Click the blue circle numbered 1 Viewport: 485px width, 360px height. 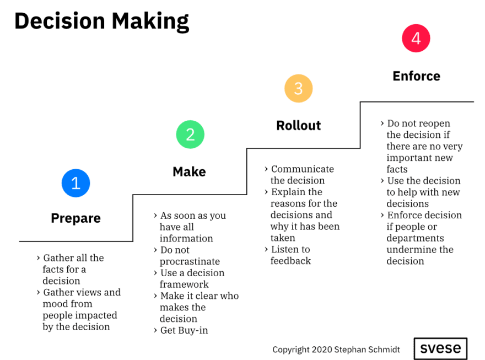click(x=76, y=183)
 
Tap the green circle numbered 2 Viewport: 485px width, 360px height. click(x=190, y=134)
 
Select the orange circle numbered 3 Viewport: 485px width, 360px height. click(x=299, y=88)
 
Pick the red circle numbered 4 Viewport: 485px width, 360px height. click(x=416, y=39)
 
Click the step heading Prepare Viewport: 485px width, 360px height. click(x=76, y=218)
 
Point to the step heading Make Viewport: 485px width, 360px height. click(x=189, y=171)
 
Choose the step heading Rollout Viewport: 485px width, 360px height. click(x=299, y=126)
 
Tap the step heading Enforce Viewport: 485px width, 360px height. click(x=416, y=76)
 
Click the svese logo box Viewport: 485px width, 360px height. click(x=440, y=348)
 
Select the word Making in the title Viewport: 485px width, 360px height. click(x=150, y=22)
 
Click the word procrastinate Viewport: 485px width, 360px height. click(x=190, y=262)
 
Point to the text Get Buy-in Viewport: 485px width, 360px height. click(x=184, y=330)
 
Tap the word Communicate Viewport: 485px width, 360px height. click(x=303, y=169)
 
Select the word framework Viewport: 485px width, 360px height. click(x=184, y=284)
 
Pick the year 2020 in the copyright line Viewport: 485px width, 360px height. click(x=322, y=350)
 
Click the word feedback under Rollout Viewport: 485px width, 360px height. click(x=290, y=261)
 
